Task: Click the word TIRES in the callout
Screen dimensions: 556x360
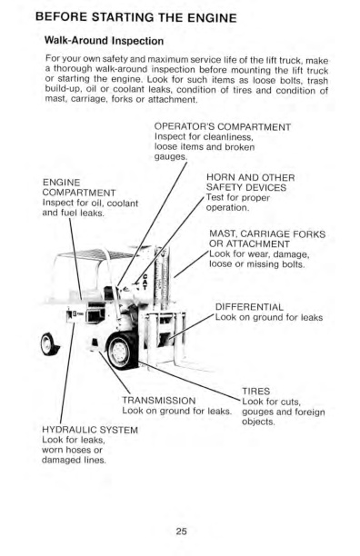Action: click(x=259, y=391)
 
